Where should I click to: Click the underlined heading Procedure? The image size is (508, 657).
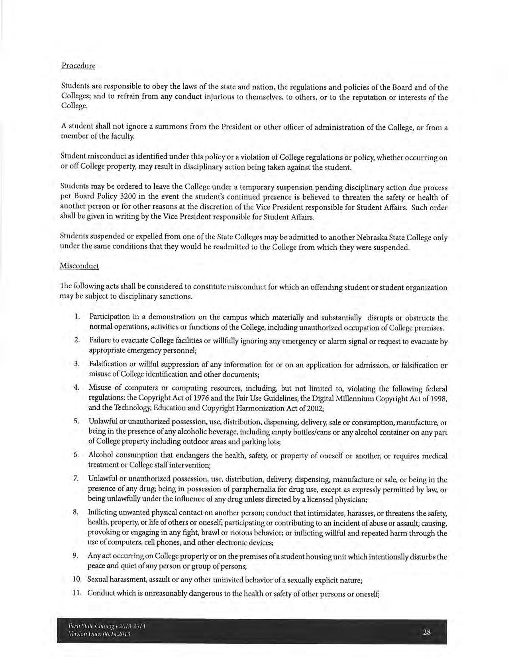78,66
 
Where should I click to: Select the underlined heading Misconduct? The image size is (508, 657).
79,266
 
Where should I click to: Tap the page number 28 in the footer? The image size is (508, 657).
427,632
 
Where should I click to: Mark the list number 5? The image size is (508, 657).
76,421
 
